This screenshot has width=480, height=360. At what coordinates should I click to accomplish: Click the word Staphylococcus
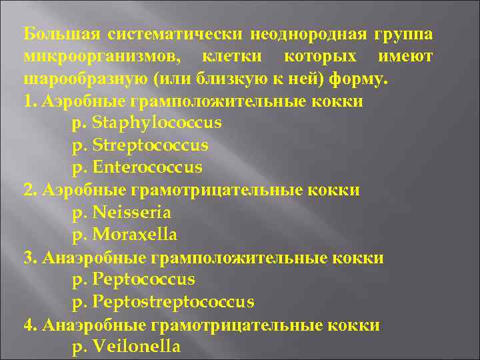click(157, 123)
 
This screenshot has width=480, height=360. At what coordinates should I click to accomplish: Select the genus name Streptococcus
click(150, 145)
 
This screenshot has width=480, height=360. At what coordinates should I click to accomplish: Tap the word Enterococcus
click(147, 167)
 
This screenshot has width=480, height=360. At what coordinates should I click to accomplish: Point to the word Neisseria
click(132, 213)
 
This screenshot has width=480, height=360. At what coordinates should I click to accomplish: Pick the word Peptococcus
click(143, 279)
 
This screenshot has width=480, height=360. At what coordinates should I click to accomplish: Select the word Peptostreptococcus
click(173, 302)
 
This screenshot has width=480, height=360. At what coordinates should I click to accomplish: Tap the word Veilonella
click(136, 347)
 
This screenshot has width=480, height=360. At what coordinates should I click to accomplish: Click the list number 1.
click(27, 101)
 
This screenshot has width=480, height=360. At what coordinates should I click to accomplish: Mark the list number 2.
click(27, 191)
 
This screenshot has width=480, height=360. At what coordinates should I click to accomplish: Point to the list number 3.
click(27, 258)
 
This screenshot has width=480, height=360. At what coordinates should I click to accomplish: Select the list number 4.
click(27, 325)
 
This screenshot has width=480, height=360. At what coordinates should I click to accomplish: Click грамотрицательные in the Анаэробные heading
click(238, 325)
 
